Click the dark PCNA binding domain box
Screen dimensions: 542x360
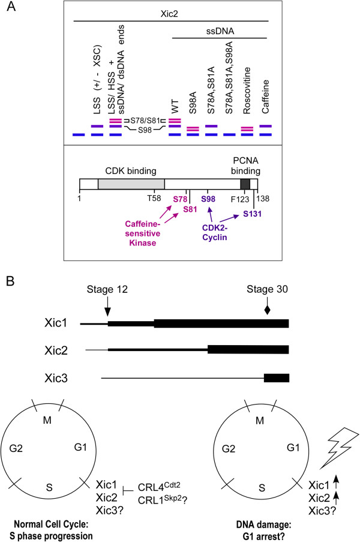[x=245, y=184]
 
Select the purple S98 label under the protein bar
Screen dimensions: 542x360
[x=208, y=198]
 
